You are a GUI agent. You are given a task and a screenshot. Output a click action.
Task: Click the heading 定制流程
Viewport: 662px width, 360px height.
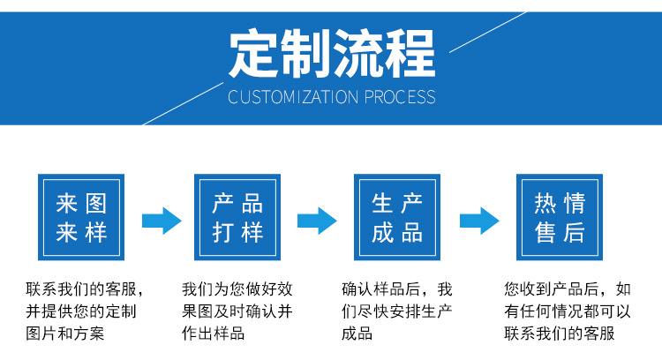(332, 53)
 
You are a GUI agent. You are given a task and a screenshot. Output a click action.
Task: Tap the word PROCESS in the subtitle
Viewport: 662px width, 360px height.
(400, 96)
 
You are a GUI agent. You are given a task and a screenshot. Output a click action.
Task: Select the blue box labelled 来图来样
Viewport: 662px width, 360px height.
(81, 218)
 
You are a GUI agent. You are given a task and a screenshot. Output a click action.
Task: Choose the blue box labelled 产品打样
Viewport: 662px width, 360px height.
(237, 218)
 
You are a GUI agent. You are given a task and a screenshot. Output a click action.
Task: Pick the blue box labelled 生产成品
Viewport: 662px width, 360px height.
(397, 218)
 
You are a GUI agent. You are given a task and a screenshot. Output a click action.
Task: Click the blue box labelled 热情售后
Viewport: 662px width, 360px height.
(560, 218)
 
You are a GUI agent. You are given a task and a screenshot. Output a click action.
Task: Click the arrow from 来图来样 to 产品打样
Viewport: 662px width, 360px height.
(161, 219)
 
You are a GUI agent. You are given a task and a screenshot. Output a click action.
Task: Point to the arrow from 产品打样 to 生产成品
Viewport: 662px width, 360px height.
(317, 219)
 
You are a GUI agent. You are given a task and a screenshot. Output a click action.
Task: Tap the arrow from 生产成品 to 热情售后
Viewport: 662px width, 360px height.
(479, 219)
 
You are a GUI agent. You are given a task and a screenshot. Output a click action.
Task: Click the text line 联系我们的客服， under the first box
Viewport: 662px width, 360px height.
(85, 289)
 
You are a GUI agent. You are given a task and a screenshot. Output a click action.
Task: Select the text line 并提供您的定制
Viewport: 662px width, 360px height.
(80, 311)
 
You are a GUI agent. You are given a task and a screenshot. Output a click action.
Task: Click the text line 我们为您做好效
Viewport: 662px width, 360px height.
(237, 289)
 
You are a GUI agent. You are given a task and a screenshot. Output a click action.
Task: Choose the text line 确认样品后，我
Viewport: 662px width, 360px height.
(396, 289)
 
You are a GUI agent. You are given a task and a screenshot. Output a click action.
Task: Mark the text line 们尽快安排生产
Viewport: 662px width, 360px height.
(396, 311)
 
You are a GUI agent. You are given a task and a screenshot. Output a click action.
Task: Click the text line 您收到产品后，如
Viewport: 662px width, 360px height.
(568, 289)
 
